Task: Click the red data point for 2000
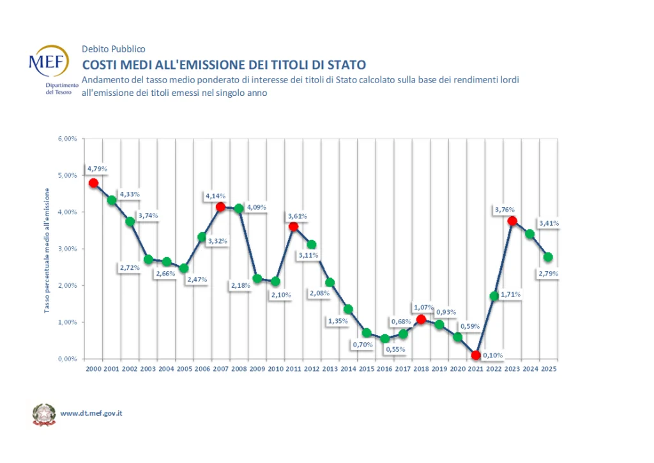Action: tap(93, 183)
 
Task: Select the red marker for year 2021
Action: tap(476, 356)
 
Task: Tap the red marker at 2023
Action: tap(512, 221)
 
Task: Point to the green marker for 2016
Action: tap(384, 339)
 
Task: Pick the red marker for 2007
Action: tap(220, 207)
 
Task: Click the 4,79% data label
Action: tap(98, 169)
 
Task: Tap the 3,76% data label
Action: tap(505, 209)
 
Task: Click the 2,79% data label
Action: tap(549, 274)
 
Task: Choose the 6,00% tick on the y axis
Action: tap(68, 138)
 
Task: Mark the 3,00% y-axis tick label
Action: tap(68, 249)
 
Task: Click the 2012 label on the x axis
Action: tap(312, 368)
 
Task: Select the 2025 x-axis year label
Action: tap(549, 368)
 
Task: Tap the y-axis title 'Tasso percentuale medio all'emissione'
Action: tap(47, 249)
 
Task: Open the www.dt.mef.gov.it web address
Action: tap(91, 413)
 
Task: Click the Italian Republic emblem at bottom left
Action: tap(43, 414)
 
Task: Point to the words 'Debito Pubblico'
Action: tap(114, 49)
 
